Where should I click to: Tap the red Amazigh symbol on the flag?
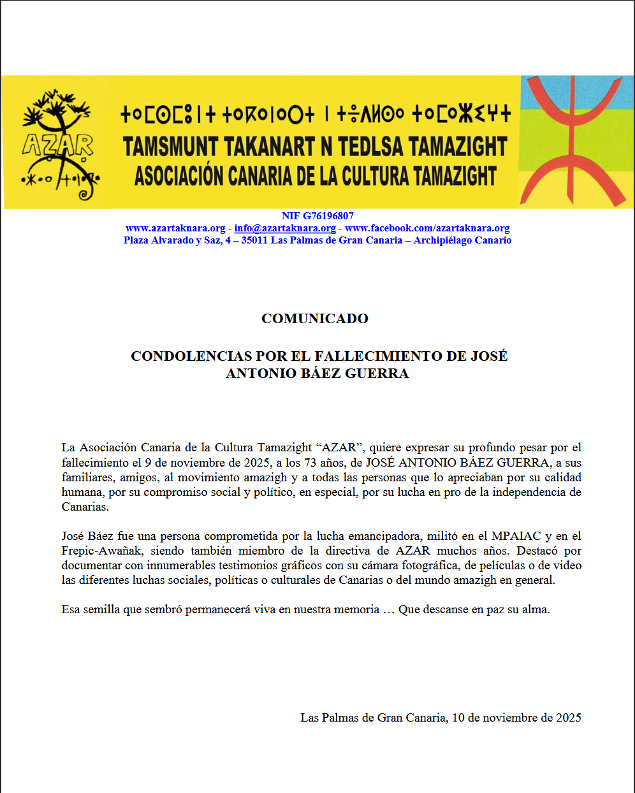click(x=573, y=141)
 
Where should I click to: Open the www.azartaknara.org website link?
click(x=175, y=228)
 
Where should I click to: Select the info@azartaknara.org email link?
click(x=285, y=228)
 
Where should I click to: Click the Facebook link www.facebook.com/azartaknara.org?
click(x=427, y=228)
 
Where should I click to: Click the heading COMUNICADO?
click(x=315, y=319)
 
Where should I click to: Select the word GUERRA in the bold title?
click(x=380, y=374)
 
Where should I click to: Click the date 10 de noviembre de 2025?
click(x=516, y=718)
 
